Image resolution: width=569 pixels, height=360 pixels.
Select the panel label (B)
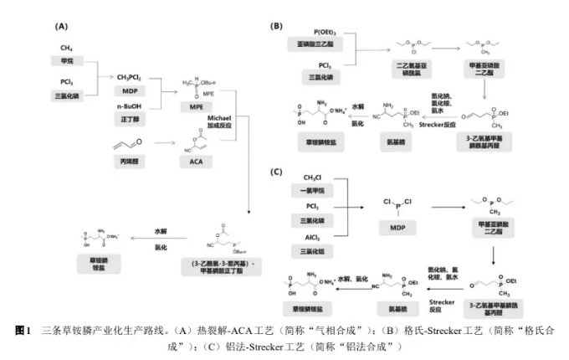coord(277,26)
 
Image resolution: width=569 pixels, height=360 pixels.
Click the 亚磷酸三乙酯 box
coord(307,43)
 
